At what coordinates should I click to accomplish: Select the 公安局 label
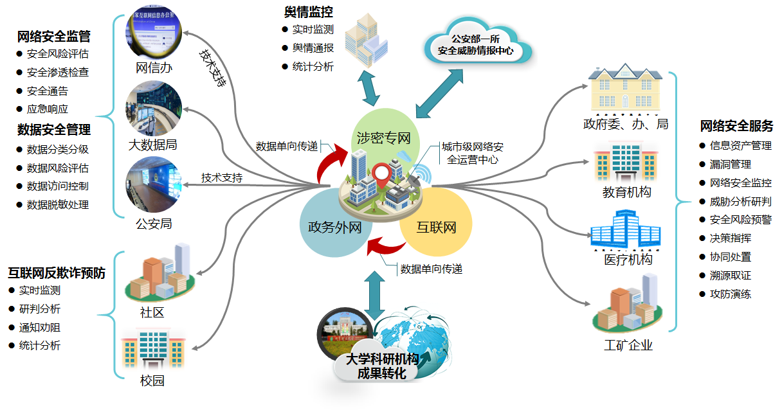[154, 224]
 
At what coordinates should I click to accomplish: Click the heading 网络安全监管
[54, 36]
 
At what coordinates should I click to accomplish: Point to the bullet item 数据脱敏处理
[58, 205]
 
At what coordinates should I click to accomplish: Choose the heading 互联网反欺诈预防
[57, 273]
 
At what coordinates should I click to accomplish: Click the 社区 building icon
[160, 272]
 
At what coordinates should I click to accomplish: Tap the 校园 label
[152, 380]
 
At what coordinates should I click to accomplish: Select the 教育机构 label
[626, 192]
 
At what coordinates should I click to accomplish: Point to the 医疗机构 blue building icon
[626, 232]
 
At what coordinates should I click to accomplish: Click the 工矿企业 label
[628, 346]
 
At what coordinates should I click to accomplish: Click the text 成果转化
[382, 373]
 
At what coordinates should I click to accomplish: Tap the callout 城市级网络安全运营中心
[472, 154]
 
